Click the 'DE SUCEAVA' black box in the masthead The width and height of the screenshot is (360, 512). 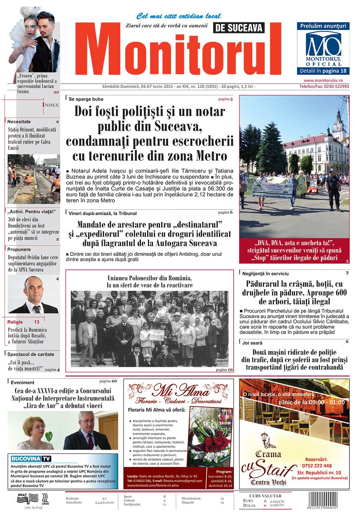(x=239, y=28)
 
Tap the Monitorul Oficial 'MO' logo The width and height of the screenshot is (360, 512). (x=323, y=45)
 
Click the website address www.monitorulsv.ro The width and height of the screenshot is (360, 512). (x=323, y=81)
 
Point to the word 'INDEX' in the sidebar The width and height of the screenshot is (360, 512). (x=50, y=105)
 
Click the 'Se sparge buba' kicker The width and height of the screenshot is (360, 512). (x=86, y=99)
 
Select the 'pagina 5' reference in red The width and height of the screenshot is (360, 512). (x=225, y=99)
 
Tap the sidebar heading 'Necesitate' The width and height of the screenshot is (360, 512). (x=19, y=122)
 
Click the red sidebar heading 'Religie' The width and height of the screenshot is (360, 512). (x=15, y=322)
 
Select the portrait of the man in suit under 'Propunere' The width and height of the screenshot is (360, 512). (x=33, y=295)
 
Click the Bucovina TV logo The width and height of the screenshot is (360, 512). (x=31, y=459)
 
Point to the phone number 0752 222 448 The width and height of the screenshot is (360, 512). (x=317, y=466)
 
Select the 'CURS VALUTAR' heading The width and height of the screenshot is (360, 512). (x=265, y=496)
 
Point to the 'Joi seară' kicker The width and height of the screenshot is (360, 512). (x=252, y=343)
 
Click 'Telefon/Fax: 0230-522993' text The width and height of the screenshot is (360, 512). (x=324, y=86)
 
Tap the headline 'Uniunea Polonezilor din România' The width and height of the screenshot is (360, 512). (x=149, y=278)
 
